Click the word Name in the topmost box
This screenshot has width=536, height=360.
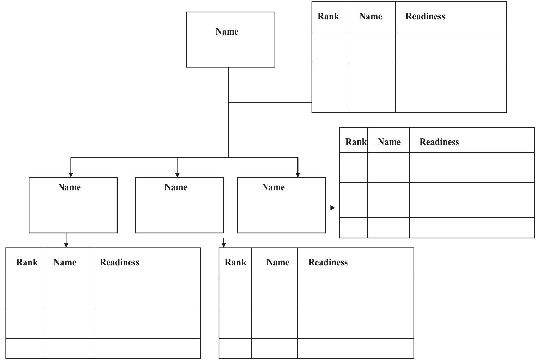pos(227,32)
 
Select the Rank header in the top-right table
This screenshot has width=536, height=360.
pos(328,17)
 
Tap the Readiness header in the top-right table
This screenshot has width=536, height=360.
pos(425,17)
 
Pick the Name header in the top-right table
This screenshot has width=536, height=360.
pos(370,17)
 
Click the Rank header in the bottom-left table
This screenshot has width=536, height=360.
pos(27,263)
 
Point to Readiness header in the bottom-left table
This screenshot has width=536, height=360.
pos(119,263)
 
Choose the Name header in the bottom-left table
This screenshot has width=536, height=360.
pos(65,263)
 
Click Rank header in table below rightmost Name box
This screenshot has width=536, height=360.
pos(235,263)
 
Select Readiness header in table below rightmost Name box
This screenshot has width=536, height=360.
pos(328,263)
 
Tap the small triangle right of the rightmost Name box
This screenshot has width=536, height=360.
pos(332,208)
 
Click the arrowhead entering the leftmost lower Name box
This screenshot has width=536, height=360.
pos(71,174)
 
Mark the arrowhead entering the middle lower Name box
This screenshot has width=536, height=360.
pos(177,174)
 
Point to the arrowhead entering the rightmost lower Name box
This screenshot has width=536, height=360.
pos(298,174)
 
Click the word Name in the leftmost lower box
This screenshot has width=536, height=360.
pos(69,187)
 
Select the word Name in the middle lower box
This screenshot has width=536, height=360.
pos(176,187)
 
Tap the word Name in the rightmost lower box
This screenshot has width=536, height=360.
pos(273,187)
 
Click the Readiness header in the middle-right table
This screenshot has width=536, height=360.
pos(439,142)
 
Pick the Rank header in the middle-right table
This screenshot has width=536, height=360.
pos(356,142)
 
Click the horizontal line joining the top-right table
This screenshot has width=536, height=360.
pos(270,102)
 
